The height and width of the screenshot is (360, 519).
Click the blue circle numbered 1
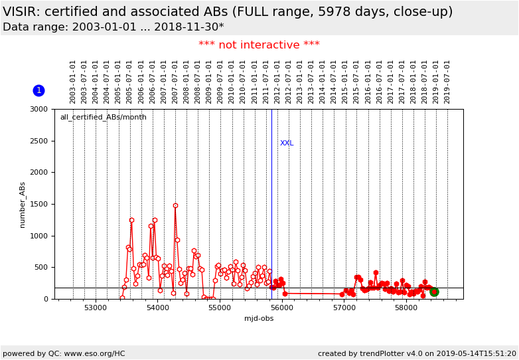click(38, 90)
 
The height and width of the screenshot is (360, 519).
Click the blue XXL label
click(287, 143)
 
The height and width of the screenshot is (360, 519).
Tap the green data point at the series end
click(434, 292)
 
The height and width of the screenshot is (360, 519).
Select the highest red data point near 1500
click(175, 205)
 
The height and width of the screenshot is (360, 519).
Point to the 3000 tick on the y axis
click(38, 110)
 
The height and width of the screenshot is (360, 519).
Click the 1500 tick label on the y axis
click(38, 205)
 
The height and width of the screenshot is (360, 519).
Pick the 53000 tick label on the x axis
click(96, 308)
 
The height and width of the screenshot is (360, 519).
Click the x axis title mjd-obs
click(258, 319)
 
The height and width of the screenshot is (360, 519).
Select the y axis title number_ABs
click(23, 205)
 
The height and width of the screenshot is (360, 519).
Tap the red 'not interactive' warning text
click(259, 45)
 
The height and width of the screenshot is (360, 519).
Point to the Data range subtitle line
click(113, 27)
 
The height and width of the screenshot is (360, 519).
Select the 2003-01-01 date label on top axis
click(73, 82)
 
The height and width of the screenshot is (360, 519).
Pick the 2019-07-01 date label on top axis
click(447, 82)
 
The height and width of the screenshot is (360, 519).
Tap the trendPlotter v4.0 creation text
click(417, 354)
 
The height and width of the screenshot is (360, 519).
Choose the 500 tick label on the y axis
click(40, 268)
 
